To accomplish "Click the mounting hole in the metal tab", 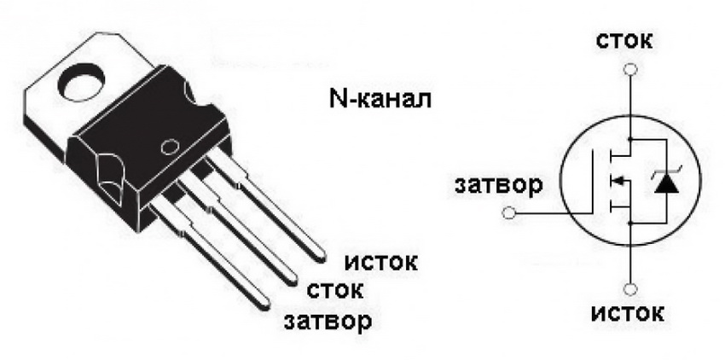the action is click(83, 84).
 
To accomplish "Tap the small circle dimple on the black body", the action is click(170, 147).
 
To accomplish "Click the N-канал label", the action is click(380, 99).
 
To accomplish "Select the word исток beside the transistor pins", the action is click(381, 263).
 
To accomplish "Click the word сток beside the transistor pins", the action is click(335, 291).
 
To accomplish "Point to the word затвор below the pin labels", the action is click(328, 321).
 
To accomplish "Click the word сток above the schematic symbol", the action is click(624, 41).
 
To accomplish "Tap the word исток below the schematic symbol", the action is click(628, 314).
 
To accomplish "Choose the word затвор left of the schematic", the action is click(498, 185).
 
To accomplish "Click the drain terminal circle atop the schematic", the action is click(630, 69).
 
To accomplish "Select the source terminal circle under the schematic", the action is click(630, 290).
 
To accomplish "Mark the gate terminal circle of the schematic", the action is click(508, 213).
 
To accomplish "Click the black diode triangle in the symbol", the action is click(667, 184).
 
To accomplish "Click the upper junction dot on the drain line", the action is click(630, 139).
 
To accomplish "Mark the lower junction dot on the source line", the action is click(630, 223).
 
